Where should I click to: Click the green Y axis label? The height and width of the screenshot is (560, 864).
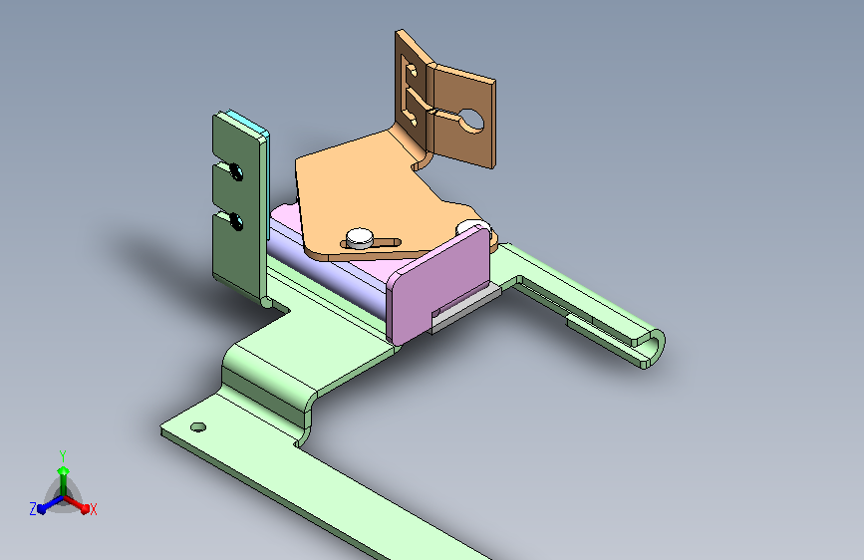point(63,456)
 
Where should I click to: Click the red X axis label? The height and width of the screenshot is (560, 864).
point(93,509)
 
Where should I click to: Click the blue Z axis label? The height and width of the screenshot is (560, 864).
point(33,509)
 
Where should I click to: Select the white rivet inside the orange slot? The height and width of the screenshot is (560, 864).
point(360,238)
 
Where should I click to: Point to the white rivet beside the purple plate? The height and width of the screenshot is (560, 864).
point(471,226)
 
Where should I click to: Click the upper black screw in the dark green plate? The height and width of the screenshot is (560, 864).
point(236,171)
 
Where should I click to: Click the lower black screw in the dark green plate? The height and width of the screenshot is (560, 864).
point(236,221)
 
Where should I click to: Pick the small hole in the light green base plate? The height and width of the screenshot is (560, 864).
point(198,427)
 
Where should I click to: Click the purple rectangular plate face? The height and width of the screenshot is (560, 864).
point(438,286)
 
